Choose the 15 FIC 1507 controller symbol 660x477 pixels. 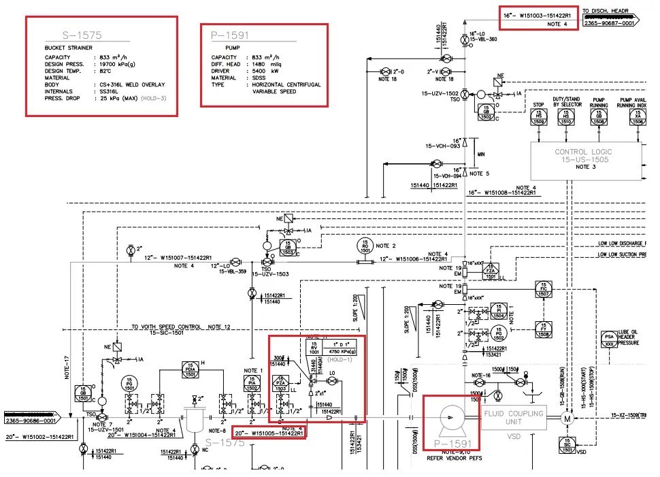(x=543, y=290)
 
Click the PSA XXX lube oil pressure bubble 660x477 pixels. (x=609, y=338)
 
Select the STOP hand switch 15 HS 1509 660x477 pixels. (x=538, y=117)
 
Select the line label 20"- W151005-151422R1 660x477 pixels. (x=268, y=433)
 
